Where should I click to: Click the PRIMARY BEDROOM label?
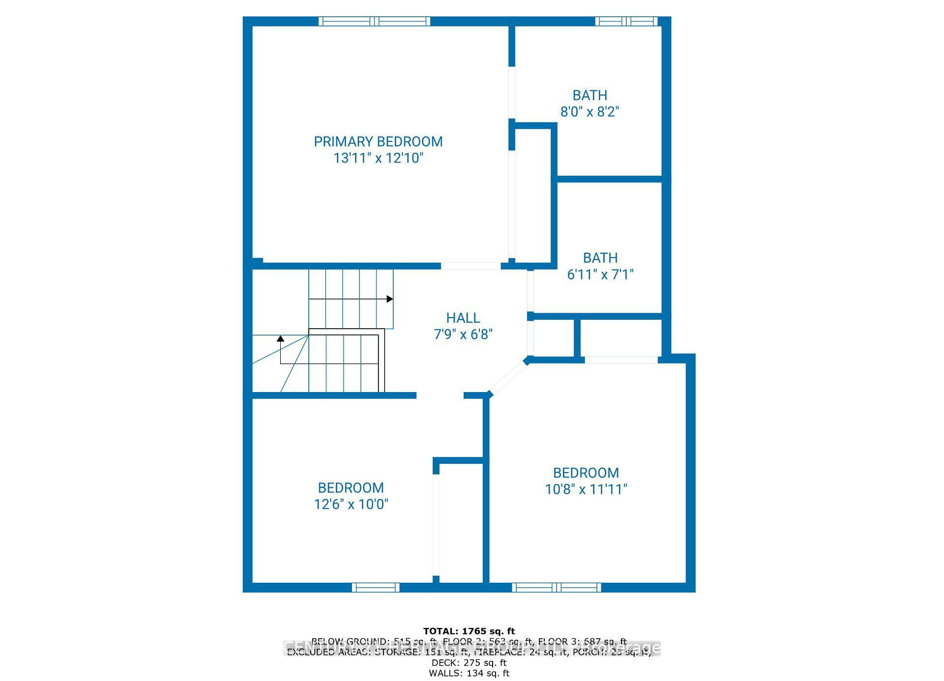pos(378,142)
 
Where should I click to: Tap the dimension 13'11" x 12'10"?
pos(378,158)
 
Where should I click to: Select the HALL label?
pos(463,318)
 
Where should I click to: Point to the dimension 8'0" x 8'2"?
pos(590,112)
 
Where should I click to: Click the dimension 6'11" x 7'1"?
pos(600,274)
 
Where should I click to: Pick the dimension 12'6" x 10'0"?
pos(351,504)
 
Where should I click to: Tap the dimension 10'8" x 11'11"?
pos(586,489)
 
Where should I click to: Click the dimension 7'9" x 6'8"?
pos(463,335)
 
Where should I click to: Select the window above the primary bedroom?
pos(375,21)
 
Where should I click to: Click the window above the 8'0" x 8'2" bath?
pos(626,21)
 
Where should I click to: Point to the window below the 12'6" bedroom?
pos(376,587)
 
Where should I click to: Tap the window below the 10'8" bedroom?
pos(556,587)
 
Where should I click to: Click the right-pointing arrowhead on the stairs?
pos(389,299)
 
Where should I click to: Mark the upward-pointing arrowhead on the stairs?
pos(280,339)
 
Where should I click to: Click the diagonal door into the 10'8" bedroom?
pos(508,377)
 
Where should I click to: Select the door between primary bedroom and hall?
pos(471,266)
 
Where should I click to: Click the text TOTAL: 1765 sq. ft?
pos(469,631)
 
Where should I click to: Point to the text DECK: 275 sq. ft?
pos(469,663)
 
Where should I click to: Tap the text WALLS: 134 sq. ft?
pos(469,673)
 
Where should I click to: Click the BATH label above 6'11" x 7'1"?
pos(600,257)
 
